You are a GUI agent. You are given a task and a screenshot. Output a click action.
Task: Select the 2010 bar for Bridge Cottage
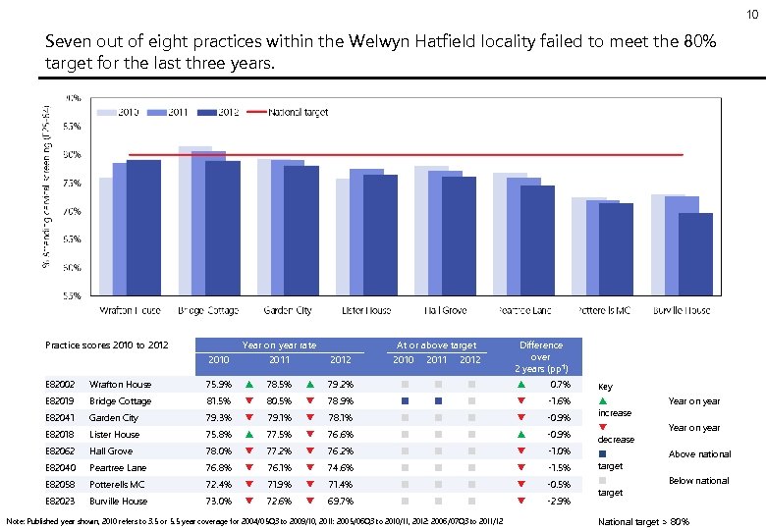click(194, 220)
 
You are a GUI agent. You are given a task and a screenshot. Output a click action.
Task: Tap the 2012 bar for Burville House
click(695, 253)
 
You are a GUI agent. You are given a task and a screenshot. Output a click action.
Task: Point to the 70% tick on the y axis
click(72, 211)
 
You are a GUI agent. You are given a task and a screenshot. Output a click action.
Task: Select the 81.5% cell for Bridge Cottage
click(219, 401)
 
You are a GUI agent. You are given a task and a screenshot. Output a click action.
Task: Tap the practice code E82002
click(60, 385)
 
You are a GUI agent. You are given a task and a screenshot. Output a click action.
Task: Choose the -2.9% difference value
click(560, 502)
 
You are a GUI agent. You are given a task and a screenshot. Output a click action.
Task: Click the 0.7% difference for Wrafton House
click(562, 385)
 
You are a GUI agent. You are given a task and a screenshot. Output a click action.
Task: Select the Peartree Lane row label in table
click(117, 468)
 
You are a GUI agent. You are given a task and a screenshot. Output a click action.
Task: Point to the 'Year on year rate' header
click(279, 345)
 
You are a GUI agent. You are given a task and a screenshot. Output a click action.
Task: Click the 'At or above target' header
click(436, 345)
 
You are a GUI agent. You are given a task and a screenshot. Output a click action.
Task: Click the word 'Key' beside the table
click(605, 387)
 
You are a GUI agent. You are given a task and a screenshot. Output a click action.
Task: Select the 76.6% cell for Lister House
click(341, 435)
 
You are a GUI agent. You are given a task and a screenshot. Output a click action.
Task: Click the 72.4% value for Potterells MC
click(219, 485)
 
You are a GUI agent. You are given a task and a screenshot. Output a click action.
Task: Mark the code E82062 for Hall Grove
click(60, 451)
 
